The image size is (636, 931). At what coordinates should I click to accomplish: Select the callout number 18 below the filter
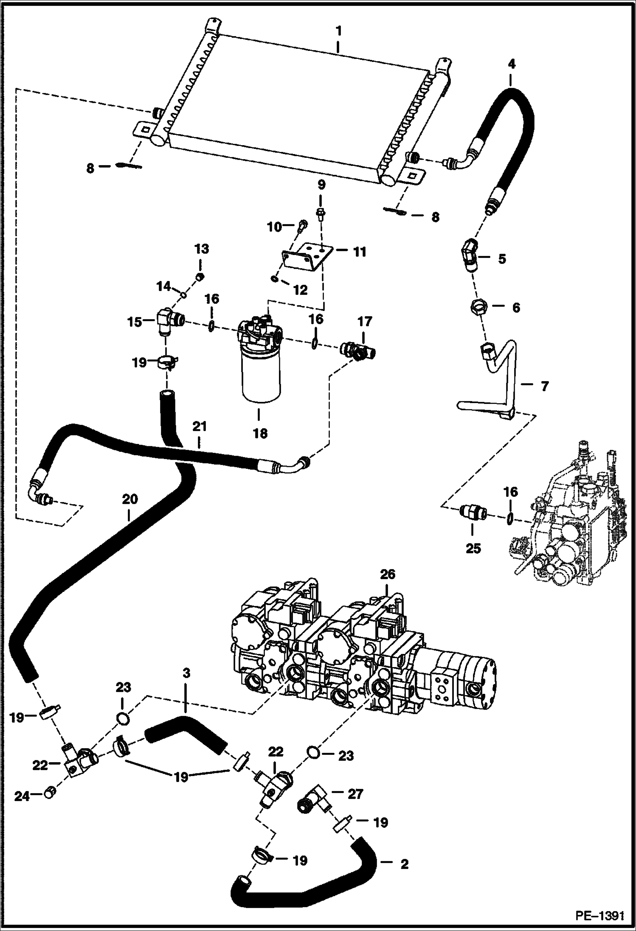tap(260, 433)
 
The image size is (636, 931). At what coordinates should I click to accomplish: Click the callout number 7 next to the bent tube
tap(544, 386)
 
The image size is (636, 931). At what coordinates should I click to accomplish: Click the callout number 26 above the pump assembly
tap(387, 575)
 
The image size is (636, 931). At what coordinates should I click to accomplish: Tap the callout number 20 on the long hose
tap(130, 499)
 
